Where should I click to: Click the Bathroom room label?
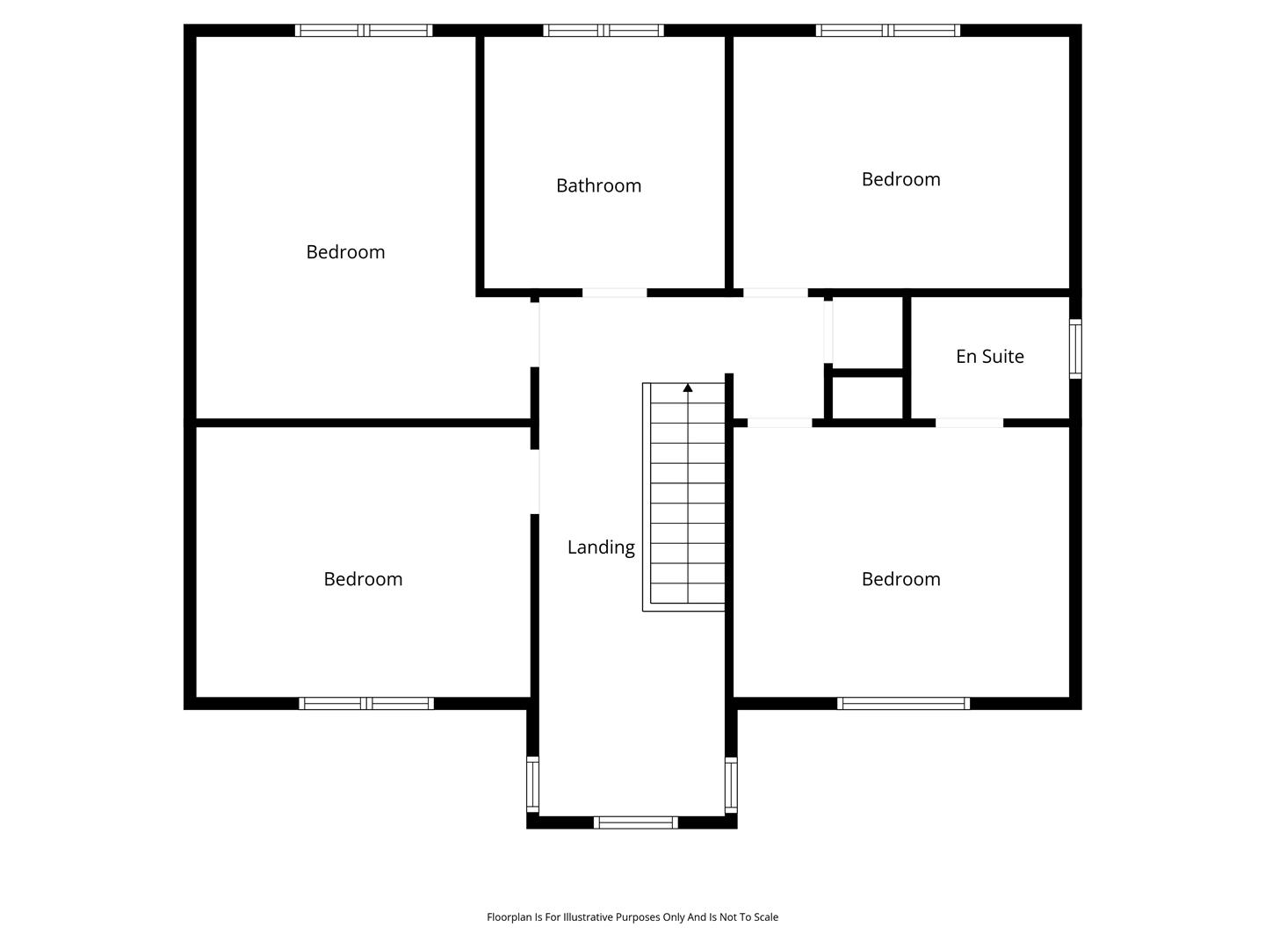click(598, 185)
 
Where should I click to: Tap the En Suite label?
click(989, 356)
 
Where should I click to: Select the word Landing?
click(601, 547)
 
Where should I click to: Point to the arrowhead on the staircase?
click(688, 388)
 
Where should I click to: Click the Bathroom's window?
click(604, 31)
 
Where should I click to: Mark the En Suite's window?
click(1075, 349)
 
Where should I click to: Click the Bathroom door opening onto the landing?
click(614, 293)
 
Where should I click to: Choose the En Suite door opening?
click(969, 423)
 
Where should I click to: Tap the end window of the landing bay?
click(636, 822)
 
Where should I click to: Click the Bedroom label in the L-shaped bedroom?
click(345, 252)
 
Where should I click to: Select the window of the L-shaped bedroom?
click(364, 31)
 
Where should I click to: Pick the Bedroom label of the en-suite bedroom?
click(900, 579)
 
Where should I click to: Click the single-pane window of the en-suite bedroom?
click(903, 703)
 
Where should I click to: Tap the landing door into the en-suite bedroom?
click(780, 423)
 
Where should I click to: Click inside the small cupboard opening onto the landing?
click(867, 333)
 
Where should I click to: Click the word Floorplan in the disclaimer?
click(510, 916)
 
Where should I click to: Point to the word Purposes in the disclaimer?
click(638, 916)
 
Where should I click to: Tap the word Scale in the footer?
click(766, 916)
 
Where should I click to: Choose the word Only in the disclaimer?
click(673, 916)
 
